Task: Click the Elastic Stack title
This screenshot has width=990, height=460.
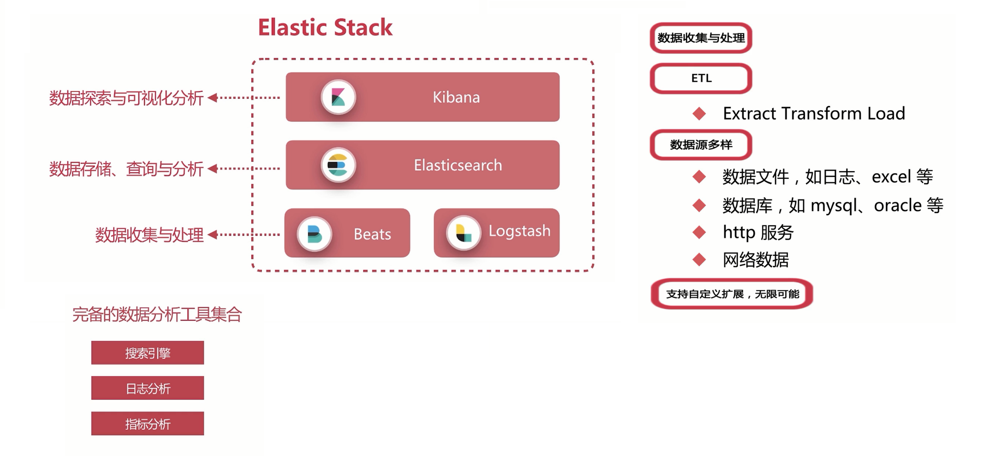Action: pos(325,27)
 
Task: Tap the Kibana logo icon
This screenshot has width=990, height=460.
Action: pos(338,97)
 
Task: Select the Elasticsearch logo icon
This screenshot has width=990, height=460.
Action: pos(337,165)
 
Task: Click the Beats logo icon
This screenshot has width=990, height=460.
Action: pos(314,234)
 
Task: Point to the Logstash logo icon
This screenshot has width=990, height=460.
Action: pos(463,233)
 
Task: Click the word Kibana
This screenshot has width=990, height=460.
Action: pos(456,97)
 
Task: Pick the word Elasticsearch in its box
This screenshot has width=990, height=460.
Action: pos(457,165)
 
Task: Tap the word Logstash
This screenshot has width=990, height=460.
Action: pos(519,231)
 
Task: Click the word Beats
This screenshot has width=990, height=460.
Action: pos(372,234)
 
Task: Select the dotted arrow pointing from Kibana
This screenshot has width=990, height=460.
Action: pos(244,98)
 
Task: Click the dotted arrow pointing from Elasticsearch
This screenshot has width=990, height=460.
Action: pos(244,168)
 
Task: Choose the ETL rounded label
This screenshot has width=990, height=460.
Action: pos(701,79)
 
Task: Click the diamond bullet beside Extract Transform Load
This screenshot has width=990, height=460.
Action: pos(699,113)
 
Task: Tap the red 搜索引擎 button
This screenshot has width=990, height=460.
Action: pos(147,353)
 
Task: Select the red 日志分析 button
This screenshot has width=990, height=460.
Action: pos(147,388)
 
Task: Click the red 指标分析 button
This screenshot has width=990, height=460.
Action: pos(147,423)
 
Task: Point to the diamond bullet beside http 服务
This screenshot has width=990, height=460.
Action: pos(699,232)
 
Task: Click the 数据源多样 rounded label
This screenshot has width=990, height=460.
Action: pos(701,145)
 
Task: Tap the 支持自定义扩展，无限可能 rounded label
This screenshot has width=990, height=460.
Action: pos(732,294)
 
